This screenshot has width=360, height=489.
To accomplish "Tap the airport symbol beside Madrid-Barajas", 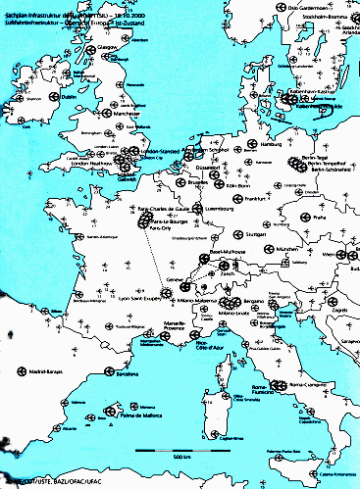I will click(23, 369).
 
